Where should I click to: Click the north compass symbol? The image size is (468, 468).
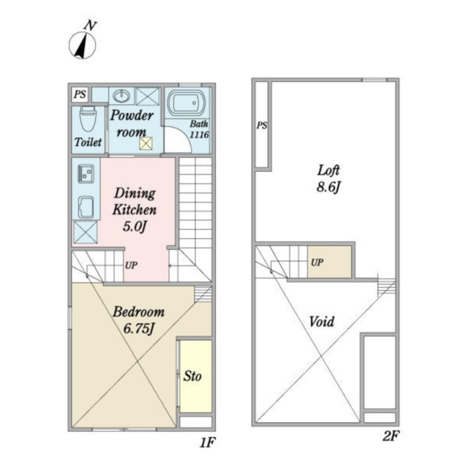[83, 42]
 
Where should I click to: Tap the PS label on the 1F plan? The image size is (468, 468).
[80, 94]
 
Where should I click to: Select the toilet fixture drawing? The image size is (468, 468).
[88, 118]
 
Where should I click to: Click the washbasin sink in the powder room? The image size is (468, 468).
[121, 96]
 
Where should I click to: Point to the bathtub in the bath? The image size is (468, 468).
[186, 103]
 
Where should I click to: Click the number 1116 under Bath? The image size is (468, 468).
[200, 135]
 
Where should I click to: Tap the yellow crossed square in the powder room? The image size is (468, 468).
[146, 143]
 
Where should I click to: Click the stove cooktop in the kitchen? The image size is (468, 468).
[86, 174]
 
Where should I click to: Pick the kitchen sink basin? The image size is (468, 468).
[86, 207]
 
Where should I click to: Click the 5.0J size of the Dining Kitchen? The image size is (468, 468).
[135, 227]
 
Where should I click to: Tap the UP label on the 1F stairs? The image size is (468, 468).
[131, 265]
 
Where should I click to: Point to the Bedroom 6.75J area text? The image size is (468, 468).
[138, 320]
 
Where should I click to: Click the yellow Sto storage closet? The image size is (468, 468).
[196, 376]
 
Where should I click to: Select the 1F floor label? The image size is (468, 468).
[207, 443]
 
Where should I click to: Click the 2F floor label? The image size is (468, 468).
[390, 437]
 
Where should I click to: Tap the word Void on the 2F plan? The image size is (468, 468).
[322, 322]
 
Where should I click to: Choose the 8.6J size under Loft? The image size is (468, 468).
[328, 187]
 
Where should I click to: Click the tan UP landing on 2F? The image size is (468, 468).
[330, 262]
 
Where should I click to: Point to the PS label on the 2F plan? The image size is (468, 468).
[262, 125]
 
